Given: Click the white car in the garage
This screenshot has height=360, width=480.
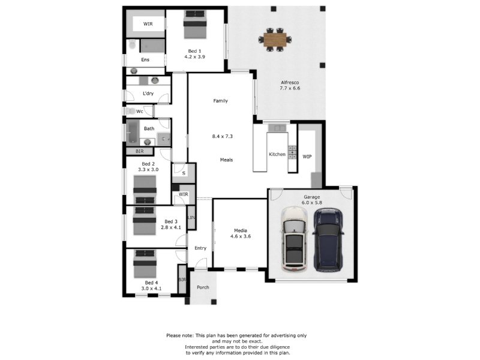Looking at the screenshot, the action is (294, 239).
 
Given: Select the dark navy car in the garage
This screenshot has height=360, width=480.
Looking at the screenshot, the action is (328, 239).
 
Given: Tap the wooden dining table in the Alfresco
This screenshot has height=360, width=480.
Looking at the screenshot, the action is (275, 40).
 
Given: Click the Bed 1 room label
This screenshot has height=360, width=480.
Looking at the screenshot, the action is (194, 51).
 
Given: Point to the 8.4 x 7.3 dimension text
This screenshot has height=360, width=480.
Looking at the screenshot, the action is (223, 136).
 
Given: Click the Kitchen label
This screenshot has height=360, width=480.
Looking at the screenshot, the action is (277, 154).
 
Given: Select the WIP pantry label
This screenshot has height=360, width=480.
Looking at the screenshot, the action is (307, 157).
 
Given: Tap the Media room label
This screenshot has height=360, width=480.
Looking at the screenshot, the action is (241, 230).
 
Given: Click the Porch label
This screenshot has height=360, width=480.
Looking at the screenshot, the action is (203, 287).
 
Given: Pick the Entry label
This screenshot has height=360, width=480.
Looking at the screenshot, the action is (200, 248).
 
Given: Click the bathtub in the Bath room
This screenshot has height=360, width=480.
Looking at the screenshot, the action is (133, 132).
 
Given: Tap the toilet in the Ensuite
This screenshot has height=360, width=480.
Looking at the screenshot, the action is (132, 44).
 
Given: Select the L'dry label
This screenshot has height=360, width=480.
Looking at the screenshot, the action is (148, 94).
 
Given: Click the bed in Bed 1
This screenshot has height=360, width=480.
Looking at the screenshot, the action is (195, 25).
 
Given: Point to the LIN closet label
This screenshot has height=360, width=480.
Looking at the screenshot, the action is (191, 218).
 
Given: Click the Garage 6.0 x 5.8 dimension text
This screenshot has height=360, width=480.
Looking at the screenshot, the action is (312, 203).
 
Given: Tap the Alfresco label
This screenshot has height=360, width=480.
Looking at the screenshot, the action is (290, 83).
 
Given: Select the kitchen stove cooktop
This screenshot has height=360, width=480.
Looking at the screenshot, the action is (292, 152).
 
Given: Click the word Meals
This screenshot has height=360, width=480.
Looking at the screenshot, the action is (227, 160).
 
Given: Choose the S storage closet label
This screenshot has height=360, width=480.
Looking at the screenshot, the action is (184, 173).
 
